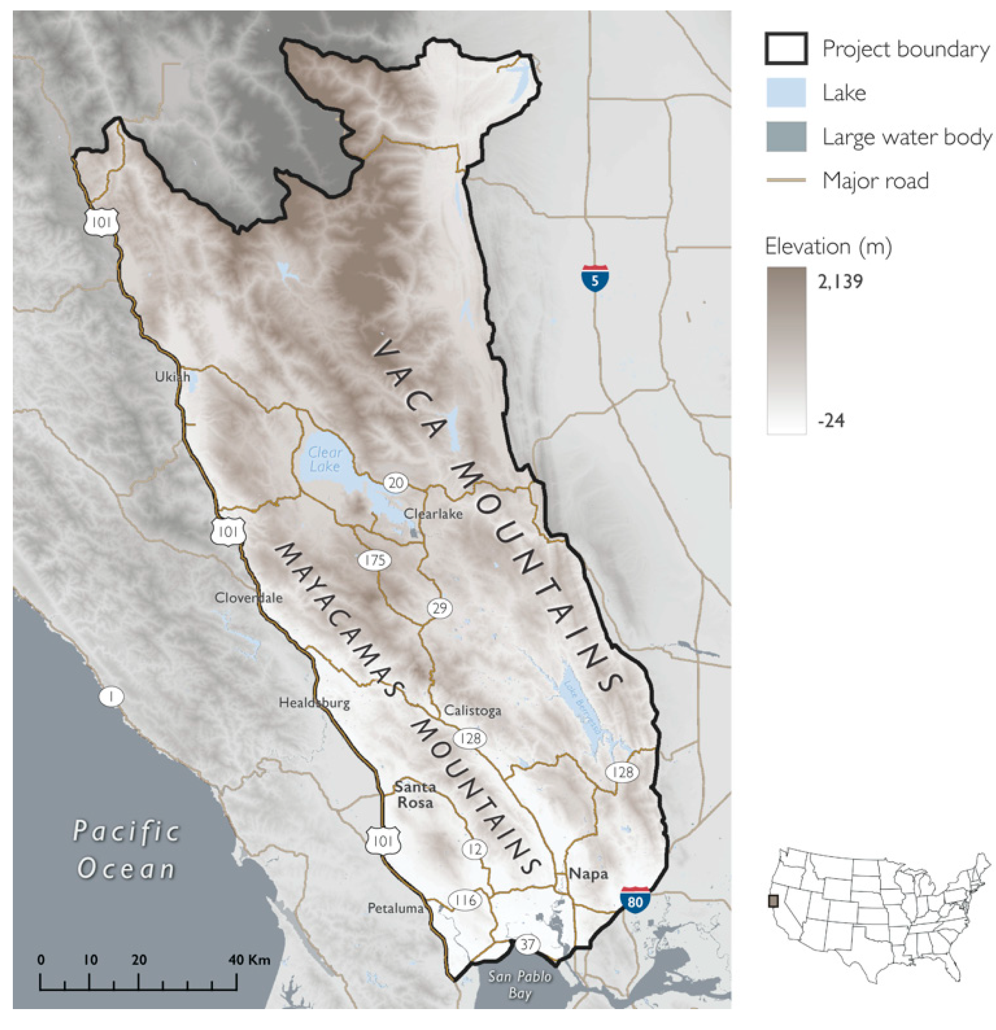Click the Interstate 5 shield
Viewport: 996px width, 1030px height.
594,278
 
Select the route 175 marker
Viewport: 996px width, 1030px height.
374,560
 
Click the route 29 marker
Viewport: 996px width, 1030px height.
439,608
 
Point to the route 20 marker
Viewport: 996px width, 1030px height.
395,482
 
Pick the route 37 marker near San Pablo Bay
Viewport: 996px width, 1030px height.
527,944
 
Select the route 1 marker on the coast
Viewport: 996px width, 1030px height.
111,697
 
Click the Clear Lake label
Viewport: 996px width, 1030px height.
324,459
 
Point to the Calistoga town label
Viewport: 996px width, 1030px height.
472,711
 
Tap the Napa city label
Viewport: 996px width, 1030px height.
588,874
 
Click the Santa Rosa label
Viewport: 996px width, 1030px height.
415,795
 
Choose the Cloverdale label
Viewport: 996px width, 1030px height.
248,598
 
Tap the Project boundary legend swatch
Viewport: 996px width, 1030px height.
786,49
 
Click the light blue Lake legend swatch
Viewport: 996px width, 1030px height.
786,93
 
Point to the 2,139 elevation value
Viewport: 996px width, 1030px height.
840,282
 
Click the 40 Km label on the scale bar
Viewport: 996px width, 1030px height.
249,960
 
